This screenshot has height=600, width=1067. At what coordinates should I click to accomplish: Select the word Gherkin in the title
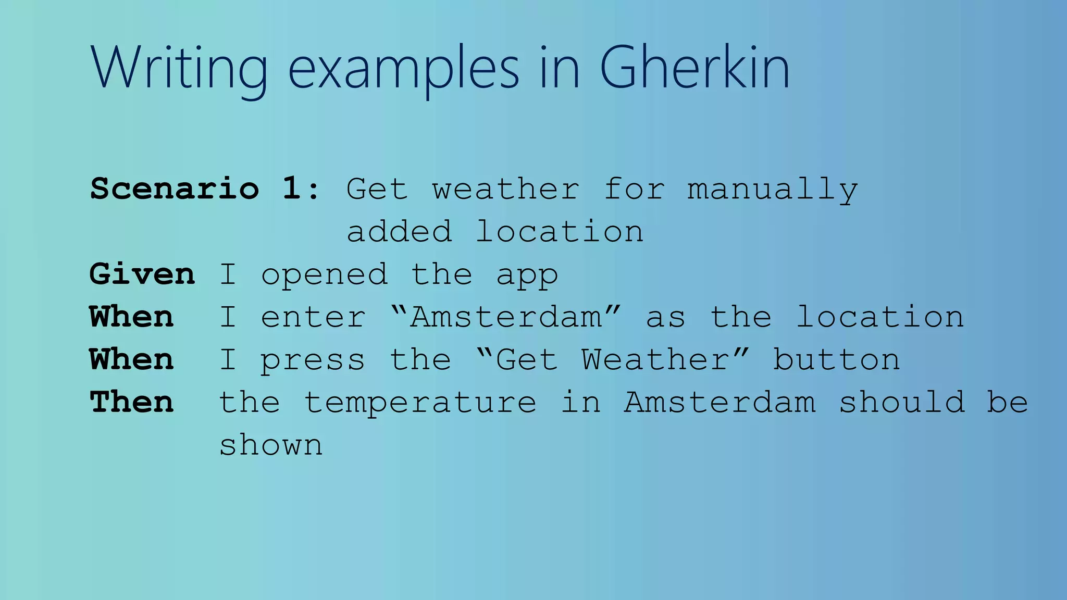pos(694,68)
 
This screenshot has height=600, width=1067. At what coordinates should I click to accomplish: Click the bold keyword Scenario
pos(175,189)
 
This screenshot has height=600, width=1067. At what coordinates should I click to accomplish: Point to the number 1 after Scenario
pos(292,189)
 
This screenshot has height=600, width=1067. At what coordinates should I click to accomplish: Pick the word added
pos(400,232)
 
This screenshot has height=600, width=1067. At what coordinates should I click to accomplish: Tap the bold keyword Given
pos(142,274)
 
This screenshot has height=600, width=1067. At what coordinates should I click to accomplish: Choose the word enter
pos(313,317)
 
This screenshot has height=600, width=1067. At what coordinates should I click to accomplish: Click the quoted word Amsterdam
pos(506,317)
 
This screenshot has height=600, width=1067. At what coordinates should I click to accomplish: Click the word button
pos(836,359)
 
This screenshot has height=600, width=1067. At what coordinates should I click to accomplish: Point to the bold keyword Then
pos(132,402)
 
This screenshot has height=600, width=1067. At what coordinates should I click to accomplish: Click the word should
pos(902,402)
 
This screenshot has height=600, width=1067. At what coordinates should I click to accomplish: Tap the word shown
pos(271,445)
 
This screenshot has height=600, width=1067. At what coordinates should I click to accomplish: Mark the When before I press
pos(132,359)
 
